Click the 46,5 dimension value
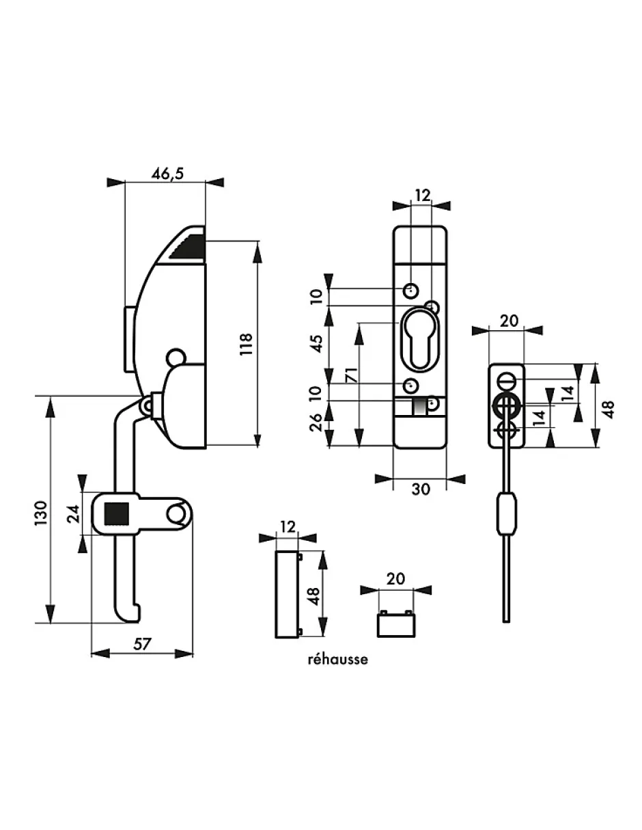click(167, 174)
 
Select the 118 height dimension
click(247, 343)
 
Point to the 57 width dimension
click(142, 643)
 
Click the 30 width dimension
click(421, 490)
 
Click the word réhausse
click(338, 660)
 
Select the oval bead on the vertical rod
click(506, 514)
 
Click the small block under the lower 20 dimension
click(395, 622)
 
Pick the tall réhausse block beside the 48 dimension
click(286, 593)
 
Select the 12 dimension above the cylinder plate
click(423, 196)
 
